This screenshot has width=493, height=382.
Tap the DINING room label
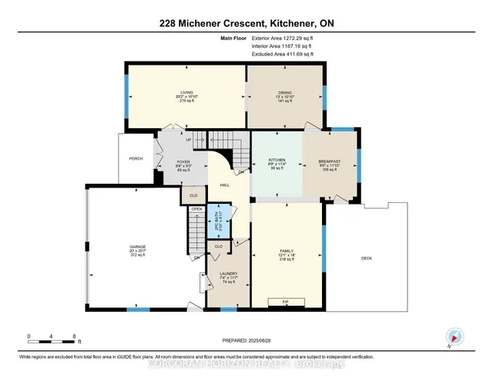click(x=285, y=91)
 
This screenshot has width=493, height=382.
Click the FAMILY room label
click(x=287, y=251)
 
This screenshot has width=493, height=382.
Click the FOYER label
click(x=173, y=161)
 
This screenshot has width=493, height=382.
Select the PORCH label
click(x=136, y=159)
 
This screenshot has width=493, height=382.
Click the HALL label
click(x=225, y=185)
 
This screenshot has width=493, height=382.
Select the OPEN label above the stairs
click(x=197, y=208)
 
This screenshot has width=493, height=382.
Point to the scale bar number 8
click(x=74, y=336)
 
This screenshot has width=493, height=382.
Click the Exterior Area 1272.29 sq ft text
click(x=283, y=37)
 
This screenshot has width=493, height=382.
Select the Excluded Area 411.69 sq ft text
click(x=283, y=55)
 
